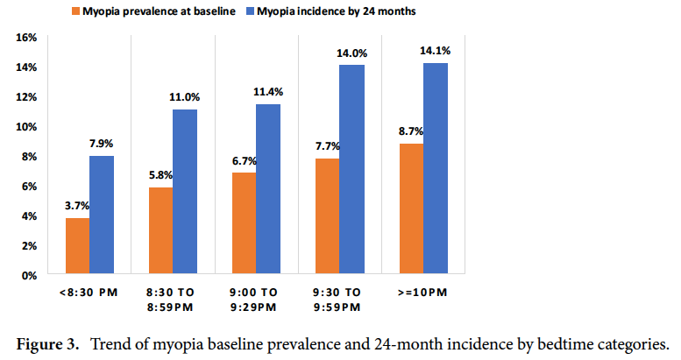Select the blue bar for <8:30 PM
102,215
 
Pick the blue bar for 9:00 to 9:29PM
268,189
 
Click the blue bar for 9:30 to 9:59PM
351,170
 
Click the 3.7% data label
75,205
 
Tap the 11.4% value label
268,91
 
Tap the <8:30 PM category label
88,292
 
